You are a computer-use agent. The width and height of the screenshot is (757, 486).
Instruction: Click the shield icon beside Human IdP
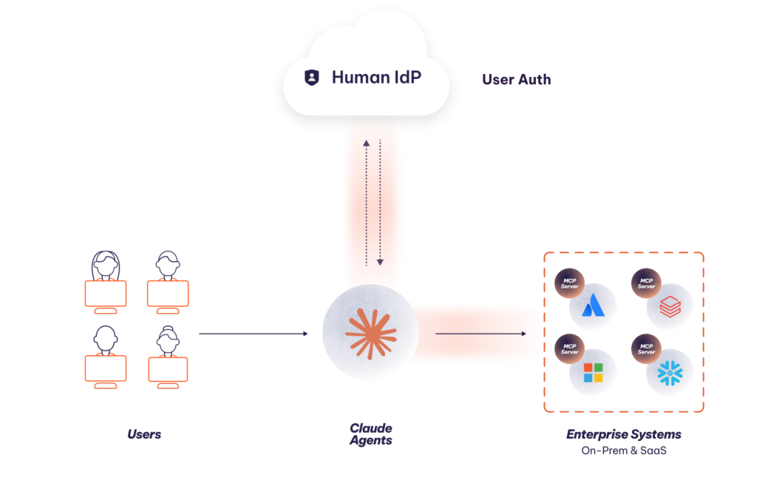pyautogui.click(x=312, y=78)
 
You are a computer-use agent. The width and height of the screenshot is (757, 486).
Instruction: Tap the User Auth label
pyautogui.click(x=517, y=79)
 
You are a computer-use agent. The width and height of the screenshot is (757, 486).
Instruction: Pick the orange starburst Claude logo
pyautogui.click(x=370, y=334)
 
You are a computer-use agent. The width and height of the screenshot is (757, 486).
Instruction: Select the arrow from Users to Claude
pyautogui.click(x=254, y=334)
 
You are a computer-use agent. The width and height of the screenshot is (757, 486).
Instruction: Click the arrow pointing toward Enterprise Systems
pyautogui.click(x=481, y=334)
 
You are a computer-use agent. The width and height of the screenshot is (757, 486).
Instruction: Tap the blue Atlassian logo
pyautogui.click(x=593, y=306)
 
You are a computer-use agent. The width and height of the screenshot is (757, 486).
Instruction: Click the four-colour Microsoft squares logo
pyautogui.click(x=593, y=372)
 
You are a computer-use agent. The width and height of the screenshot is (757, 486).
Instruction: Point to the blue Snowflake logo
pyautogui.click(x=670, y=372)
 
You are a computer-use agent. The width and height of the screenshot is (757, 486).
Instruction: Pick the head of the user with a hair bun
pyautogui.click(x=168, y=340)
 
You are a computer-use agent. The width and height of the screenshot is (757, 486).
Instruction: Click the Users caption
pyautogui.click(x=143, y=434)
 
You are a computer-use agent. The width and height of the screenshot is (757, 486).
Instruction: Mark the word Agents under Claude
pyautogui.click(x=370, y=441)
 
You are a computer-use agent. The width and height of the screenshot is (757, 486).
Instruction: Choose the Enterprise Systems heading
pyautogui.click(x=623, y=434)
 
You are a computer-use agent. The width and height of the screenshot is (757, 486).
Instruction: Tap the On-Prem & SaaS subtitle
pyautogui.click(x=623, y=450)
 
